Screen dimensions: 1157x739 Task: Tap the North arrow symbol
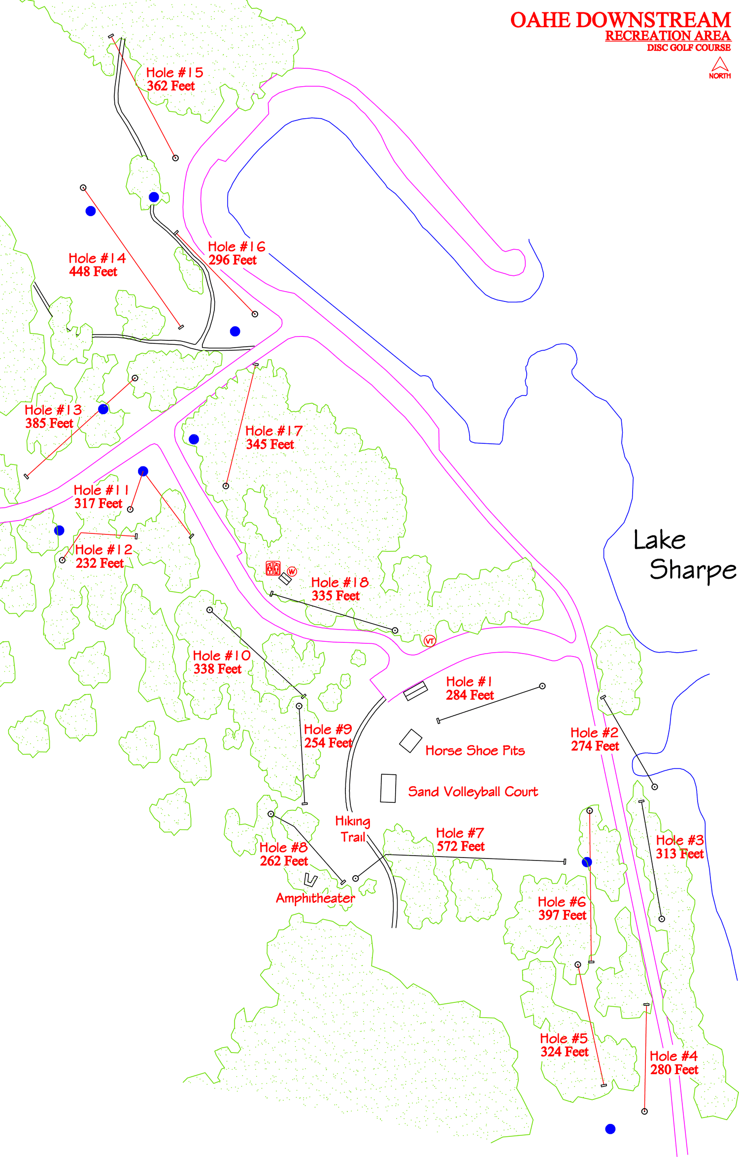pos(720,66)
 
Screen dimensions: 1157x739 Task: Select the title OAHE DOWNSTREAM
pos(620,21)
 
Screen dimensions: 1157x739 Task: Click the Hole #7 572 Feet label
pos(460,840)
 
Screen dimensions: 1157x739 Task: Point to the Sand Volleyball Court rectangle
pos(388,788)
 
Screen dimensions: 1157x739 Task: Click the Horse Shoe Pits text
pos(475,751)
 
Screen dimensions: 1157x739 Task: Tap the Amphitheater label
pos(315,898)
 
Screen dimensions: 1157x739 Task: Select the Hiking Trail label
pos(353,829)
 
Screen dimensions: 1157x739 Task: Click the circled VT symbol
pos(430,641)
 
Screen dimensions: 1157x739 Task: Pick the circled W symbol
pos(292,571)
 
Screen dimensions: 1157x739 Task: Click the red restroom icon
pos(273,568)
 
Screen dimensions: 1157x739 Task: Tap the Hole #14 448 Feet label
pos(97,265)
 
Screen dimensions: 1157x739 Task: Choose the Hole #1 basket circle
pos(542,686)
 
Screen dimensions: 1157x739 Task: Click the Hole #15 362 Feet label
pos(174,79)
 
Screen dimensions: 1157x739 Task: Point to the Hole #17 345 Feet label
pos(273,438)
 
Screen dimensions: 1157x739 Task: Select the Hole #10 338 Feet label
pos(221,662)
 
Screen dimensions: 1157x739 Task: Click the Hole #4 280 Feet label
pos(673,1063)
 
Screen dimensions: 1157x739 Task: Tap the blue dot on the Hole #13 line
pos(103,409)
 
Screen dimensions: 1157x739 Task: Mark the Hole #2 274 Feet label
pos(594,739)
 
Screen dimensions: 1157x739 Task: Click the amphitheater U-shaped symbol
pos(310,880)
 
